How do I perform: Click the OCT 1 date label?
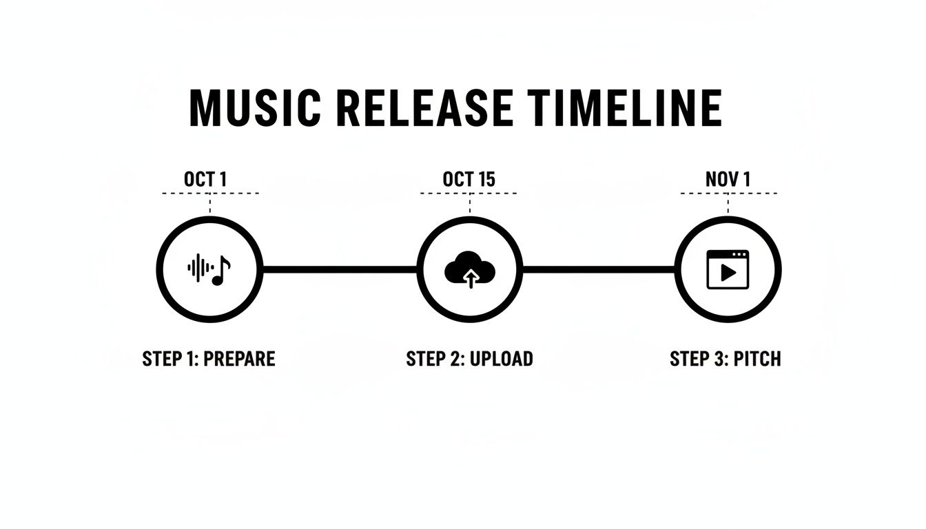[205, 179]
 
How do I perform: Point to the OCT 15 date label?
[469, 179]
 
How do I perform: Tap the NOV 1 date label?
[728, 179]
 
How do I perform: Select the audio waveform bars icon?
[199, 269]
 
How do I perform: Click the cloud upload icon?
[470, 269]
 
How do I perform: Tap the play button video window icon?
[728, 269]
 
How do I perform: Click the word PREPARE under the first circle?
[240, 359]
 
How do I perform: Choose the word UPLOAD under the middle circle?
[501, 359]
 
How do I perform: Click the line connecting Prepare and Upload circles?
[340, 269]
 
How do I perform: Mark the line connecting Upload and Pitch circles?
[598, 269]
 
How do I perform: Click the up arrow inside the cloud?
[471, 278]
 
